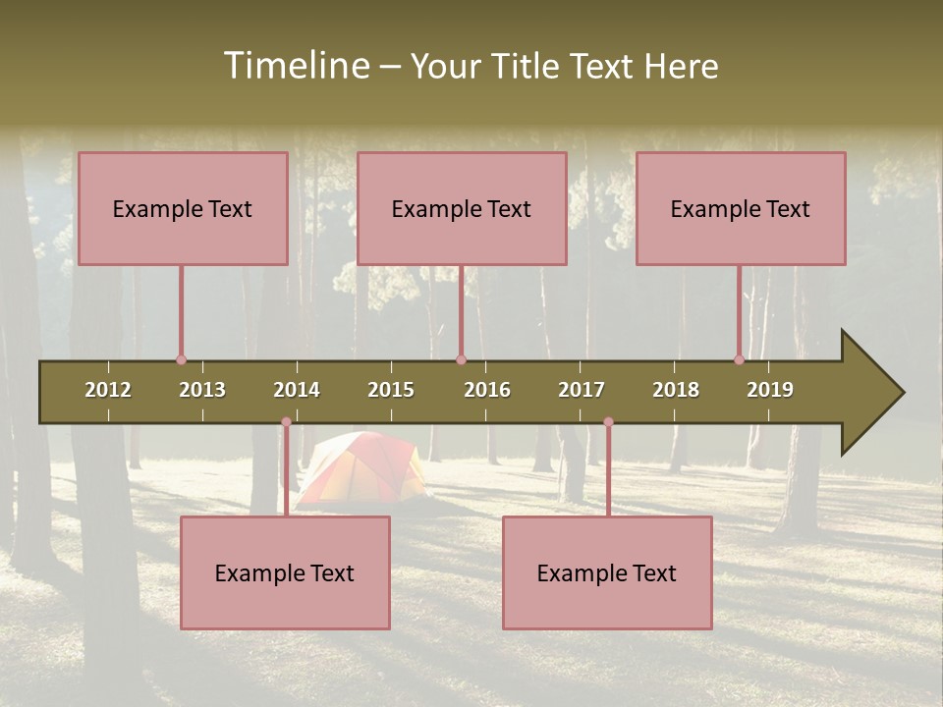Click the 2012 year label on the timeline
[108, 390]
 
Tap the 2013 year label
[202, 390]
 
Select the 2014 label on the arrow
[297, 390]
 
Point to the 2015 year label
[391, 390]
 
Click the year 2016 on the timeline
[487, 390]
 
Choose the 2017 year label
[582, 390]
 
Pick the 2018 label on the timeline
[676, 390]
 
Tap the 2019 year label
[770, 390]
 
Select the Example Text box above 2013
[183, 208]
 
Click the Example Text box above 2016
[462, 208]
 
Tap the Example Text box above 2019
[741, 208]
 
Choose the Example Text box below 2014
[285, 572]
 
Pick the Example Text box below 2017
[607, 572]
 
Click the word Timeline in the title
[296, 66]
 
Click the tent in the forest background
[364, 468]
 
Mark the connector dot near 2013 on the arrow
[181, 359]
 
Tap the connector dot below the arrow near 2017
[608, 422]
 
